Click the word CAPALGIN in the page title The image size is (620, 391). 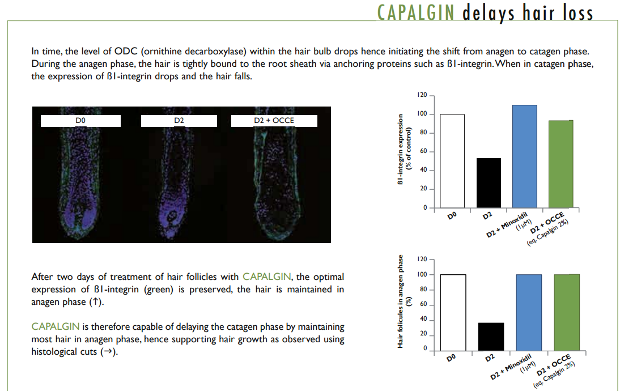[415, 12]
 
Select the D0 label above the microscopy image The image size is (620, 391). [80, 121]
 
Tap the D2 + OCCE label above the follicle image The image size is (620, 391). [274, 121]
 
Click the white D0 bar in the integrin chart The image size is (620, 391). [452, 161]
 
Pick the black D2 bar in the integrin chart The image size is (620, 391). [489, 183]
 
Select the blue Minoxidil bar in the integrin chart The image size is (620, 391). [525, 156]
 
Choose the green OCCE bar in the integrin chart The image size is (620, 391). [560, 164]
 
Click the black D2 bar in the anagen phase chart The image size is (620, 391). [491, 337]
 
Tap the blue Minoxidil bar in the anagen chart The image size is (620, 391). [529, 313]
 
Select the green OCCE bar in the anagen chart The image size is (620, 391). [567, 312]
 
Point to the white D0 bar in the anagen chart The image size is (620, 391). [453, 313]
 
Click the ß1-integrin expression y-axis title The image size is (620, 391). [405, 149]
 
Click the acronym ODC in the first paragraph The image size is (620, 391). [126, 52]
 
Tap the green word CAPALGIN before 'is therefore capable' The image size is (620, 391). [56, 326]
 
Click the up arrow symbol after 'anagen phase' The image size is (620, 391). [95, 302]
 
